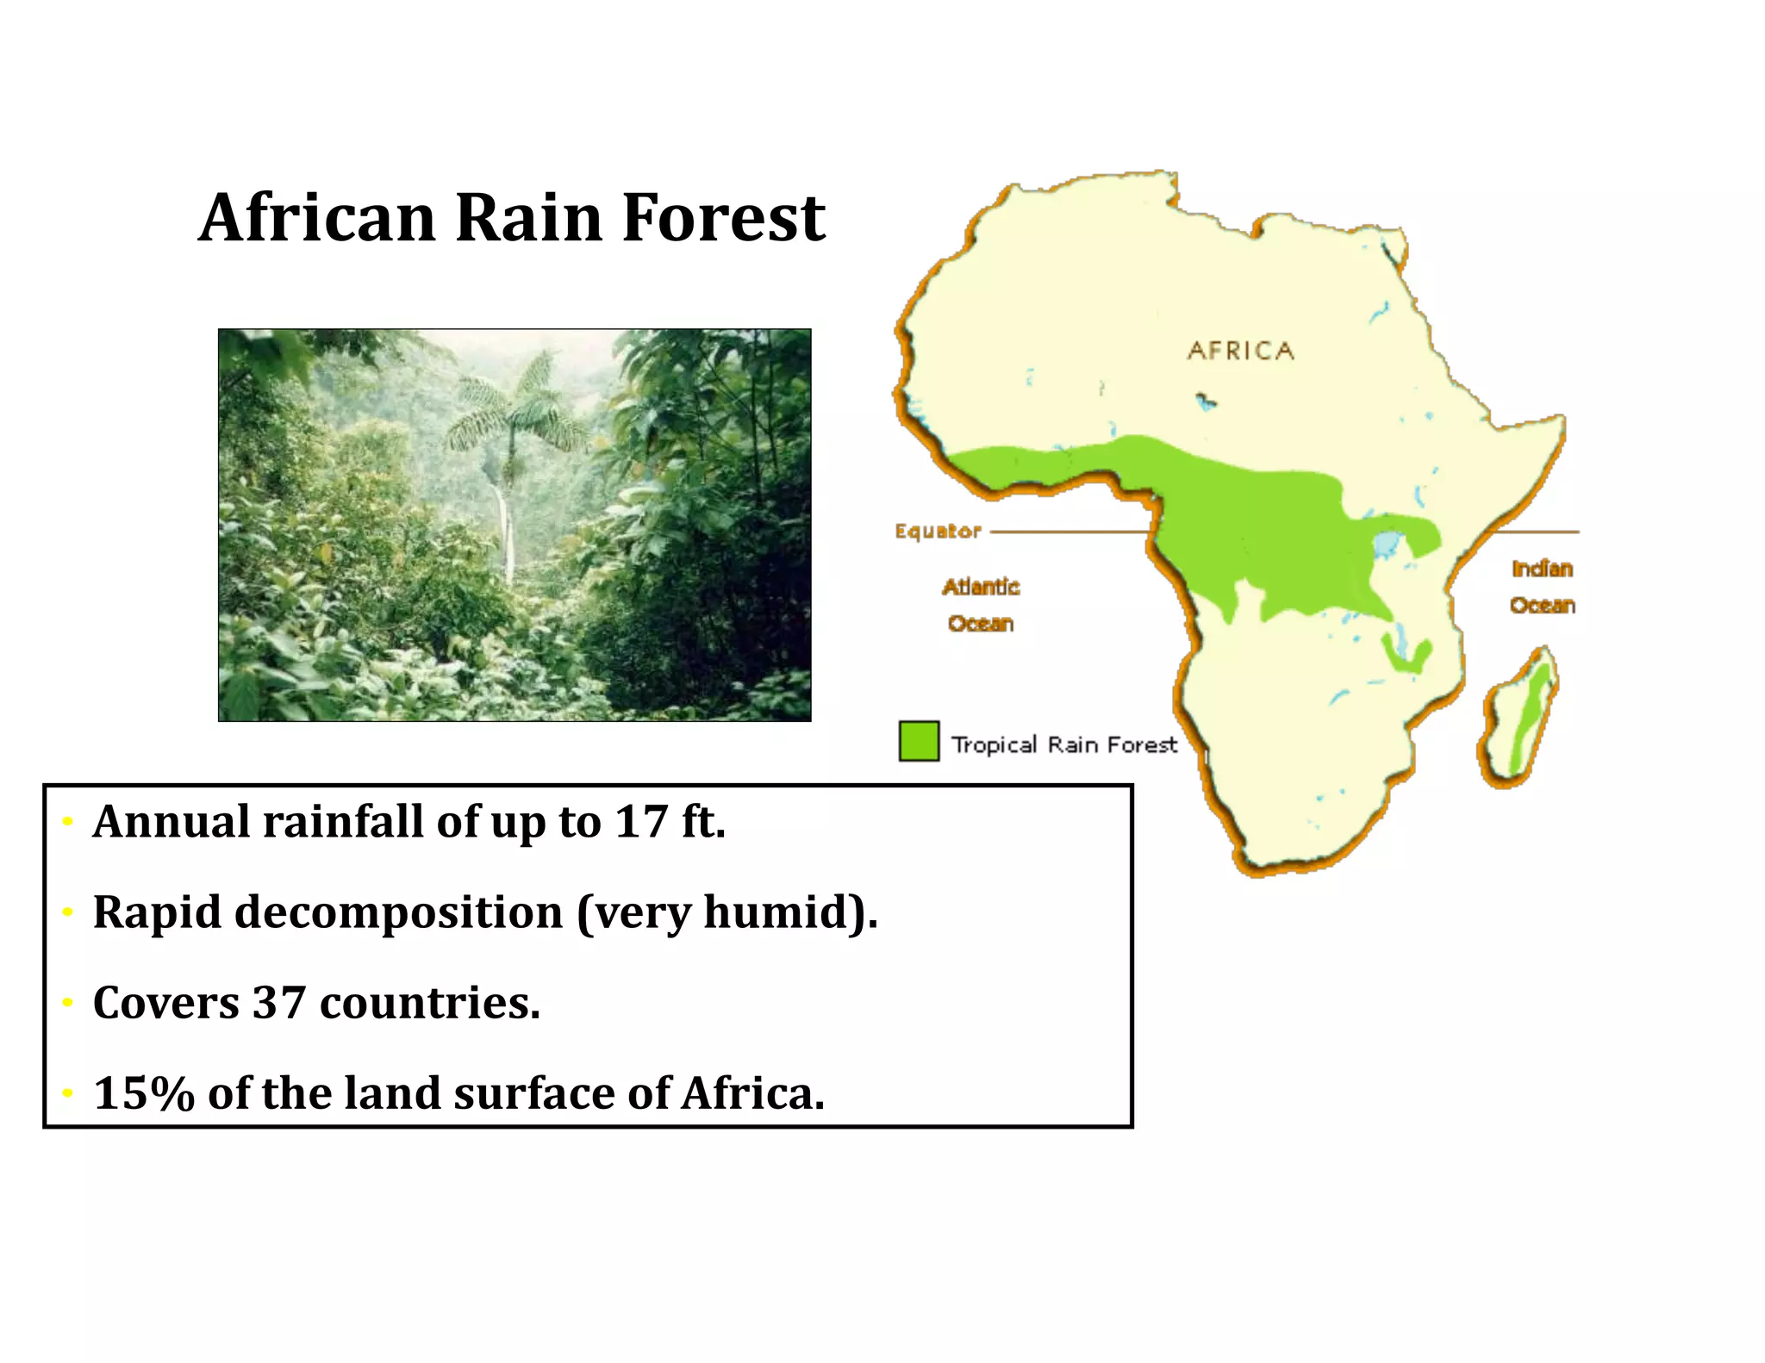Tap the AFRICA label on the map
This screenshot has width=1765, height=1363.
[1240, 351]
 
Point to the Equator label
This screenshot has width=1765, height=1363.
[938, 531]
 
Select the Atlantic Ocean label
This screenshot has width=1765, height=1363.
[981, 605]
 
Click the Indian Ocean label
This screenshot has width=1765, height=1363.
[1542, 587]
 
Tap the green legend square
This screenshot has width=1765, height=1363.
[919, 741]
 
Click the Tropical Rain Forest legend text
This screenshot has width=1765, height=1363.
[1063, 744]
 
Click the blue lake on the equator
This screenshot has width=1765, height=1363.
[1385, 545]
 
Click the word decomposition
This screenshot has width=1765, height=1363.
[398, 912]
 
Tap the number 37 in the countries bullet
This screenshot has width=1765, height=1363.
[279, 1002]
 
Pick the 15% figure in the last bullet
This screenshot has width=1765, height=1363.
[144, 1093]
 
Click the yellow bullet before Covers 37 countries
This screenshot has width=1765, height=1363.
[67, 1003]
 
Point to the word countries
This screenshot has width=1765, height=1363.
[429, 1002]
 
